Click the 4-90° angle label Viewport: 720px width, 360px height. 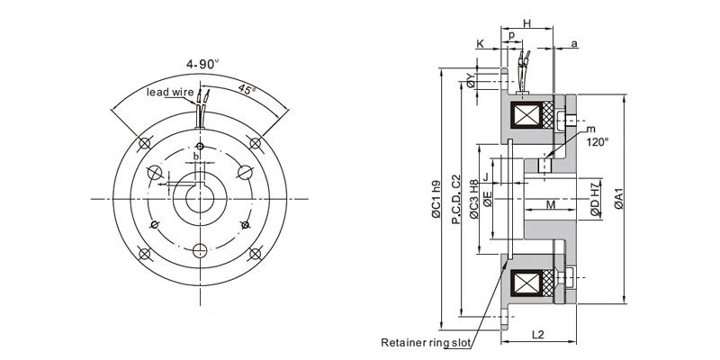(x=202, y=65)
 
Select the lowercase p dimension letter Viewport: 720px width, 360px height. (x=511, y=36)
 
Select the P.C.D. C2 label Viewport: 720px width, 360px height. (x=456, y=199)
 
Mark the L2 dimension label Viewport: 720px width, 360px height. (x=537, y=335)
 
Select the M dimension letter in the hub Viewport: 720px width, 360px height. (x=550, y=206)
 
